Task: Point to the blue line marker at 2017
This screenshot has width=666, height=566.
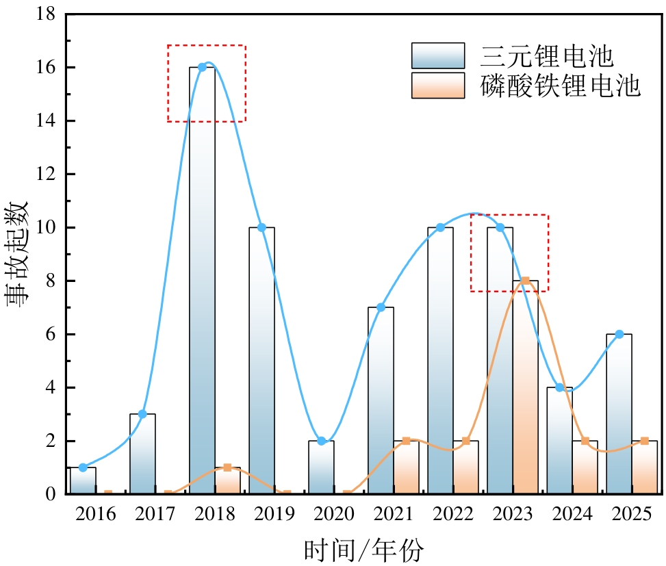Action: coord(142,414)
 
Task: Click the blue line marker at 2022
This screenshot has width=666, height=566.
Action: coord(440,227)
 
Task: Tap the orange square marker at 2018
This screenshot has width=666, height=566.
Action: coord(227,467)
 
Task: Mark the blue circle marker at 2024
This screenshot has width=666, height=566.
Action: coord(559,387)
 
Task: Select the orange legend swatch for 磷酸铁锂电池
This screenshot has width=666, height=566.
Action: coord(438,86)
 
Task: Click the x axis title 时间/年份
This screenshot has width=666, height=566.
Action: coord(363,549)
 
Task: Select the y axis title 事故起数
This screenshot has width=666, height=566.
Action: coord(18,254)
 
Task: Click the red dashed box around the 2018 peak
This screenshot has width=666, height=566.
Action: coord(207,46)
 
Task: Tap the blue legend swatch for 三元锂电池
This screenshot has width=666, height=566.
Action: coord(438,55)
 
